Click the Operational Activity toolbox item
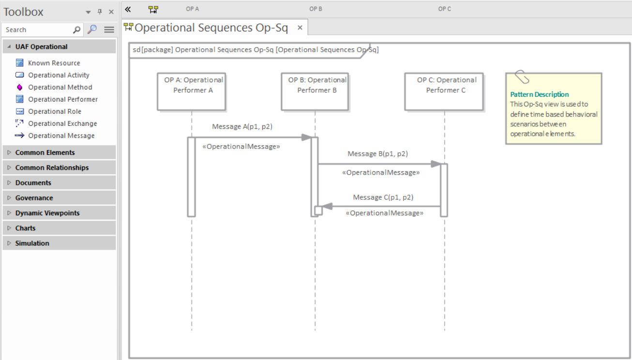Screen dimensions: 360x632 point(59,75)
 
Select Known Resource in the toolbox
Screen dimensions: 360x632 point(54,63)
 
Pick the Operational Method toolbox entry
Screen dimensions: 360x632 point(60,87)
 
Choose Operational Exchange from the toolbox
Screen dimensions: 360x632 point(62,123)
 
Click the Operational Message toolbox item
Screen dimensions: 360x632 point(61,135)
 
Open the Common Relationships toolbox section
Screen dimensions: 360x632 point(52,167)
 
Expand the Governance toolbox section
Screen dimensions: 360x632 point(34,198)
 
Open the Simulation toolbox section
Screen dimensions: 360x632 point(32,243)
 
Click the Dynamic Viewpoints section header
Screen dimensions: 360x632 point(47,213)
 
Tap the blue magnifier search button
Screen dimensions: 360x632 point(92,30)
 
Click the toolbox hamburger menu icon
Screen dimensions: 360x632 point(109,30)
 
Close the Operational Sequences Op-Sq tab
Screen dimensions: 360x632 point(300,28)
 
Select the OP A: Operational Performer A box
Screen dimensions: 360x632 point(192,91)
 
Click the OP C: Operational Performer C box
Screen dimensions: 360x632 point(444,91)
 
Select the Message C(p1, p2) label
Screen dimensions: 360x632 point(383,197)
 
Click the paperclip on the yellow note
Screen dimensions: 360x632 point(522,77)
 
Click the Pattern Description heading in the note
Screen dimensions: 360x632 point(540,94)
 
